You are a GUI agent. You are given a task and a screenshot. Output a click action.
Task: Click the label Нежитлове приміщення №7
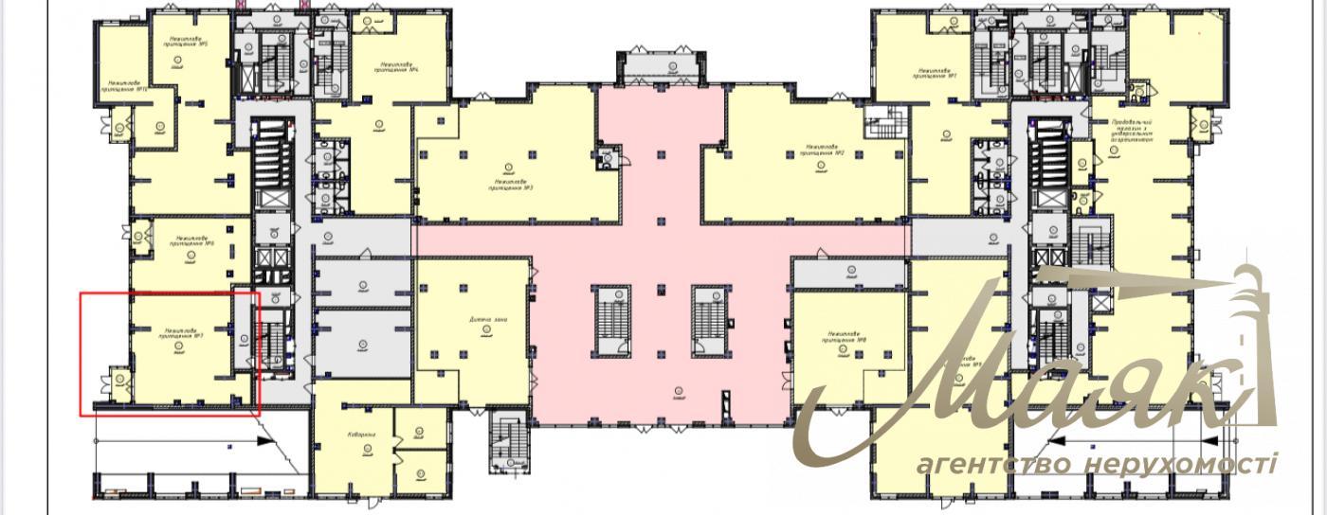(x=179, y=333)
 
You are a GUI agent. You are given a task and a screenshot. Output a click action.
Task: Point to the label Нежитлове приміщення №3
(x=510, y=185)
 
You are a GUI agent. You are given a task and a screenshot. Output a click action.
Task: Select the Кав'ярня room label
(x=362, y=435)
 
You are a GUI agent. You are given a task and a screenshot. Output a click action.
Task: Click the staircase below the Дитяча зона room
(x=511, y=440)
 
